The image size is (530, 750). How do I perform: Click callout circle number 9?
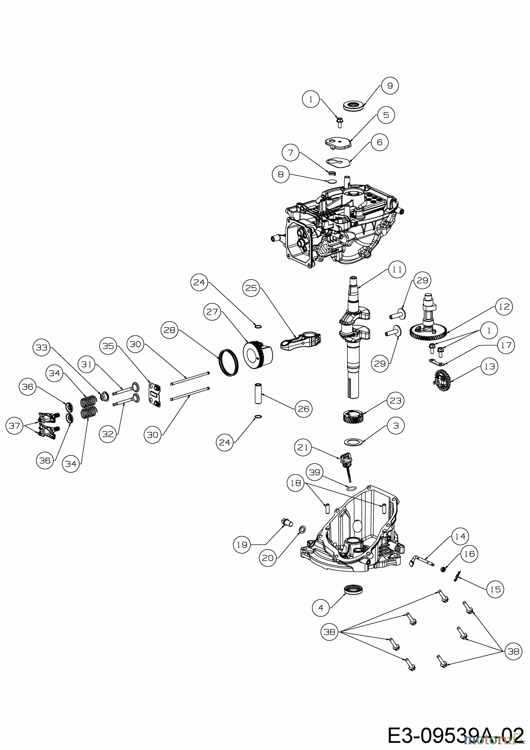tap(390, 85)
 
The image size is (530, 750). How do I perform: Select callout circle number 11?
tap(397, 270)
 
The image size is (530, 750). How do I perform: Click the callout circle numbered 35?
tap(108, 346)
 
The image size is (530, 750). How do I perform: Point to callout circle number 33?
tap(42, 347)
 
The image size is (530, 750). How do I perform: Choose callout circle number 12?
tap(504, 307)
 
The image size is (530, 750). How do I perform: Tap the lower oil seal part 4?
tap(354, 589)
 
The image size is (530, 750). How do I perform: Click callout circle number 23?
tap(395, 400)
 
